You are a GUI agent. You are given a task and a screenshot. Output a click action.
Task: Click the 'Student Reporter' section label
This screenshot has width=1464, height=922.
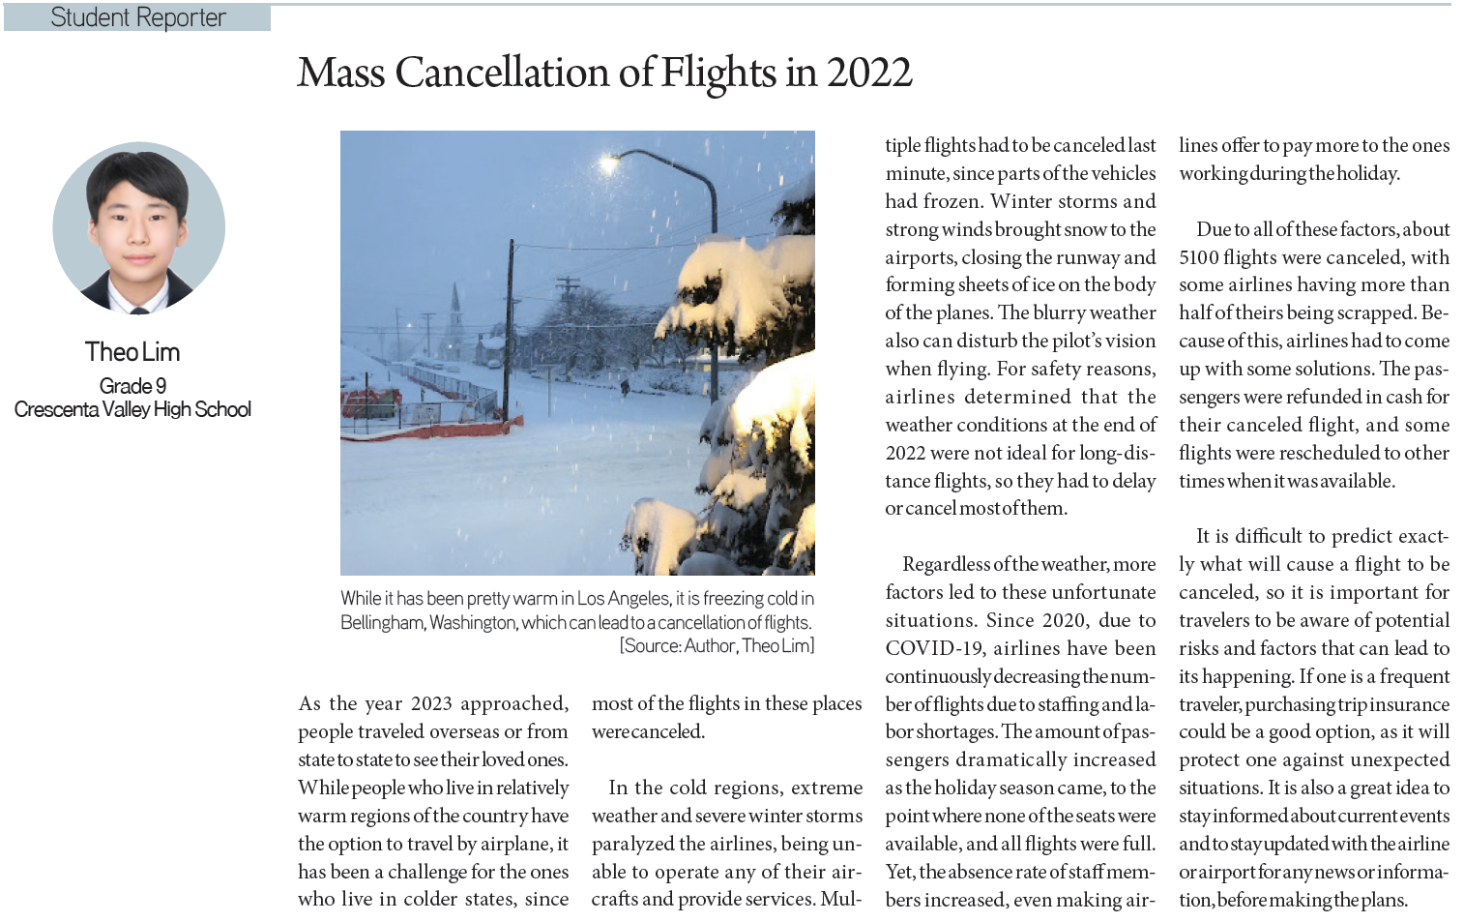[x=137, y=17]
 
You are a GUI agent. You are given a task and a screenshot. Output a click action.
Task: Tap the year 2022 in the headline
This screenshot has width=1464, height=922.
[x=868, y=74]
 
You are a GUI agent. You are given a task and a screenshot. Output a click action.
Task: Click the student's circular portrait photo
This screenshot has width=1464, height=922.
[x=138, y=228]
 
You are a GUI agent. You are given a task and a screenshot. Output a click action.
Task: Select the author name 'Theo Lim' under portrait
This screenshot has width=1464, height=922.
[x=132, y=352]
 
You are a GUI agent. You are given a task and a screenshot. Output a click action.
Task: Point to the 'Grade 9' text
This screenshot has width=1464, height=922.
[x=132, y=386]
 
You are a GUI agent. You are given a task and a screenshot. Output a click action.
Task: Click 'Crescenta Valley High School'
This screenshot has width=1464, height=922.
[x=132, y=409]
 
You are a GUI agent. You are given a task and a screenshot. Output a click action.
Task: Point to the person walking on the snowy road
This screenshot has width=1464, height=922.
[x=624, y=386]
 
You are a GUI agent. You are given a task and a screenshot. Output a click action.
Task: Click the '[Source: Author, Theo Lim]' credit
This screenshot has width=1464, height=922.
[x=717, y=645]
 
